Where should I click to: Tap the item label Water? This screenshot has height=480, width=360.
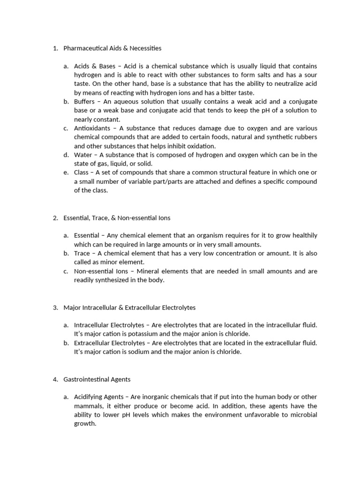(83, 155)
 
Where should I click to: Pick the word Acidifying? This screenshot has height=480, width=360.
(90, 397)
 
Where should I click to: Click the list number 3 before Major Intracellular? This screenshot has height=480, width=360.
(55, 307)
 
